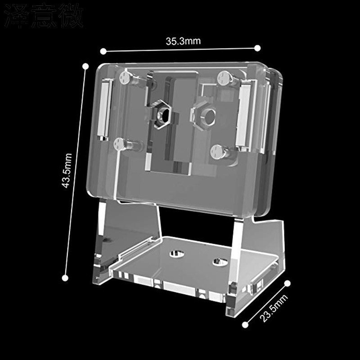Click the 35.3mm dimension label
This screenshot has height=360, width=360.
[183, 41]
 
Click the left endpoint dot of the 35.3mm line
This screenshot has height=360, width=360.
[103, 51]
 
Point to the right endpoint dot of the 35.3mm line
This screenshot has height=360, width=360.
[257, 48]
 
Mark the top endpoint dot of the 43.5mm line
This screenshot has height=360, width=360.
[86, 66]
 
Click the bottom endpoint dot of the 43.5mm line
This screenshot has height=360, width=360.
[65, 278]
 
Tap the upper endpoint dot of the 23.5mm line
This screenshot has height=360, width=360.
[288, 283]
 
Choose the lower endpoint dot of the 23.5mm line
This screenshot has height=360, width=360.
[245, 324]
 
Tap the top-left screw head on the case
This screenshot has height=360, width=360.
[125, 77]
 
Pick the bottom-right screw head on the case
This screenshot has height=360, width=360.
[216, 152]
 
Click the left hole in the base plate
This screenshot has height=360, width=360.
[176, 253]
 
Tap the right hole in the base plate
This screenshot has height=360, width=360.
[219, 261]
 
